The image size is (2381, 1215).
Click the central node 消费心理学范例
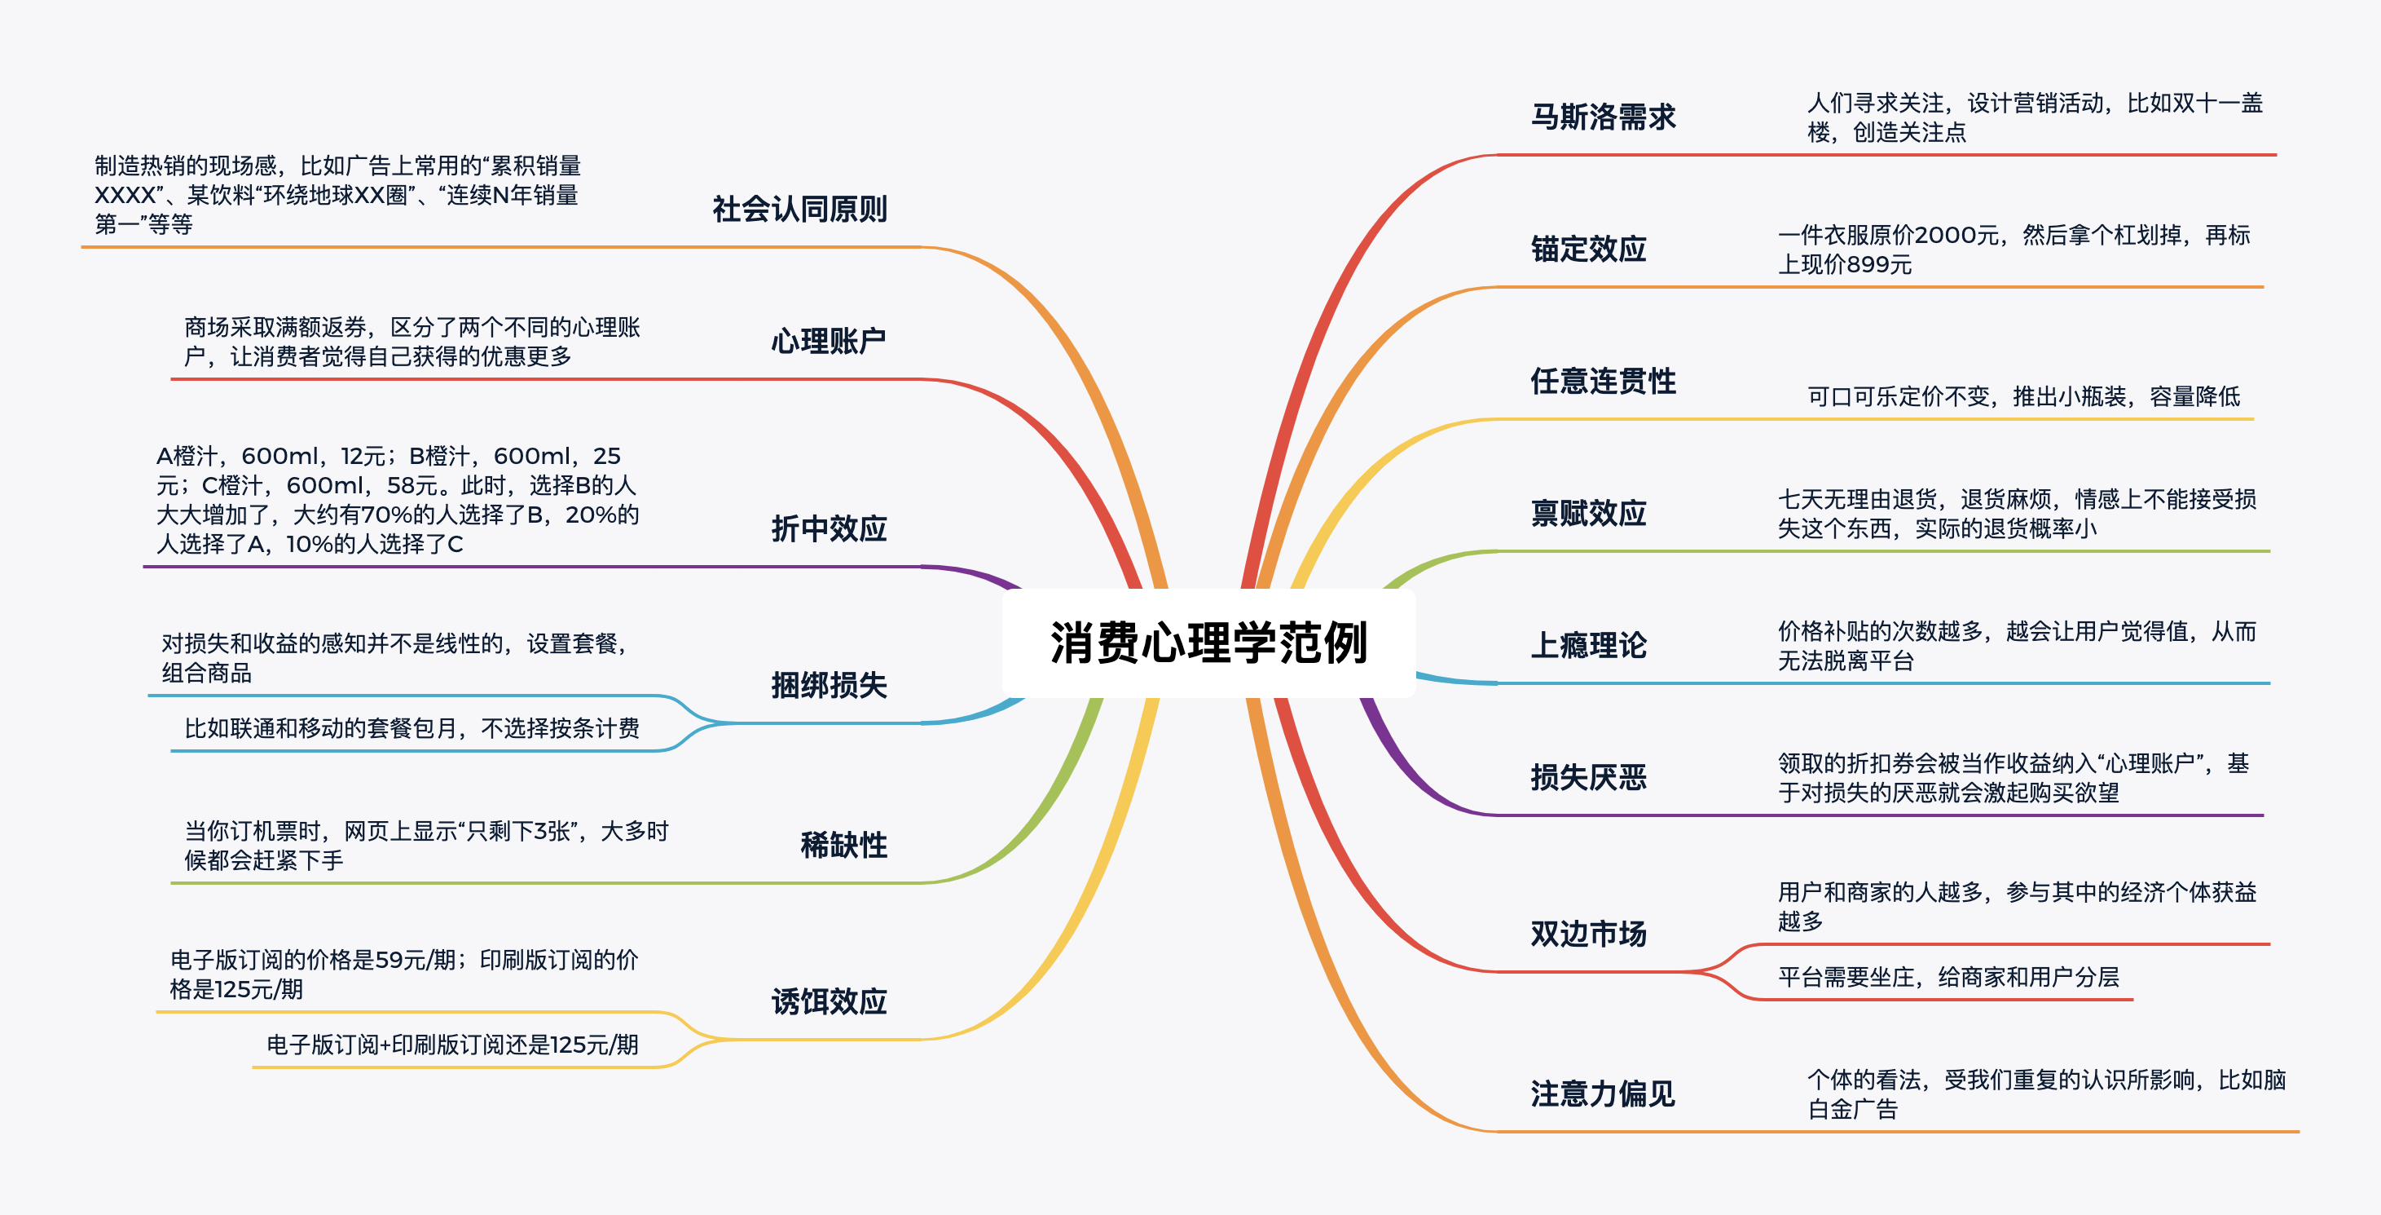pos(1208,643)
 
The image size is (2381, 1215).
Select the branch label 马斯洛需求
pos(1603,117)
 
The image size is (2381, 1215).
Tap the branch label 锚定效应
pos(1588,250)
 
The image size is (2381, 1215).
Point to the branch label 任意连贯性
pos(1603,381)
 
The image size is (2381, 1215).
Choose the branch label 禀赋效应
pos(1588,513)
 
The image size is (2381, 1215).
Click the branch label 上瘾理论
pos(1588,645)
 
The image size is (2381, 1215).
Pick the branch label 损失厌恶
pos(1588,778)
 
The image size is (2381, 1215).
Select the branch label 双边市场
pos(1588,934)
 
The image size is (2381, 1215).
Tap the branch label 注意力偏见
pos(1603,1093)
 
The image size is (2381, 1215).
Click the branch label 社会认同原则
pos(799,210)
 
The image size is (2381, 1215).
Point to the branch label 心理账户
pos(829,341)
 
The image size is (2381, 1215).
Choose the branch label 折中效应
pos(829,529)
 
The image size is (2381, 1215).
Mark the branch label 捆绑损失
pos(829,685)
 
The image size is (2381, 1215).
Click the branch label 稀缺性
pos(844,845)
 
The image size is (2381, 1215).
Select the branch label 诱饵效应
pos(829,1001)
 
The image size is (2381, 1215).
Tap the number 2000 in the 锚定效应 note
pos(1945,236)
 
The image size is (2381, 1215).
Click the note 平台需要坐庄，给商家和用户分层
pos(1948,978)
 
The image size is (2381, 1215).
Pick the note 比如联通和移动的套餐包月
pos(412,729)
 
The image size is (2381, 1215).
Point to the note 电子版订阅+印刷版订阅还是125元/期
pos(453,1045)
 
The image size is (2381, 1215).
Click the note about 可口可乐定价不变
pos(2023,396)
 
